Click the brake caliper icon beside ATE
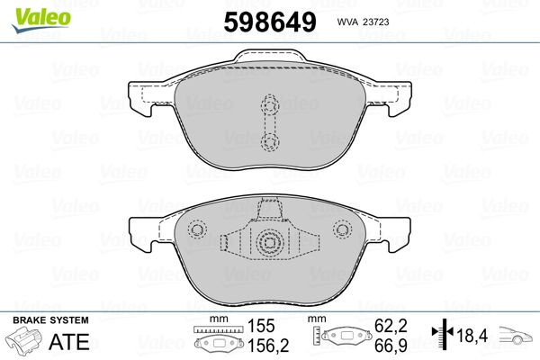(x=24, y=342)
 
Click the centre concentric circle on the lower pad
(x=267, y=240)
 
